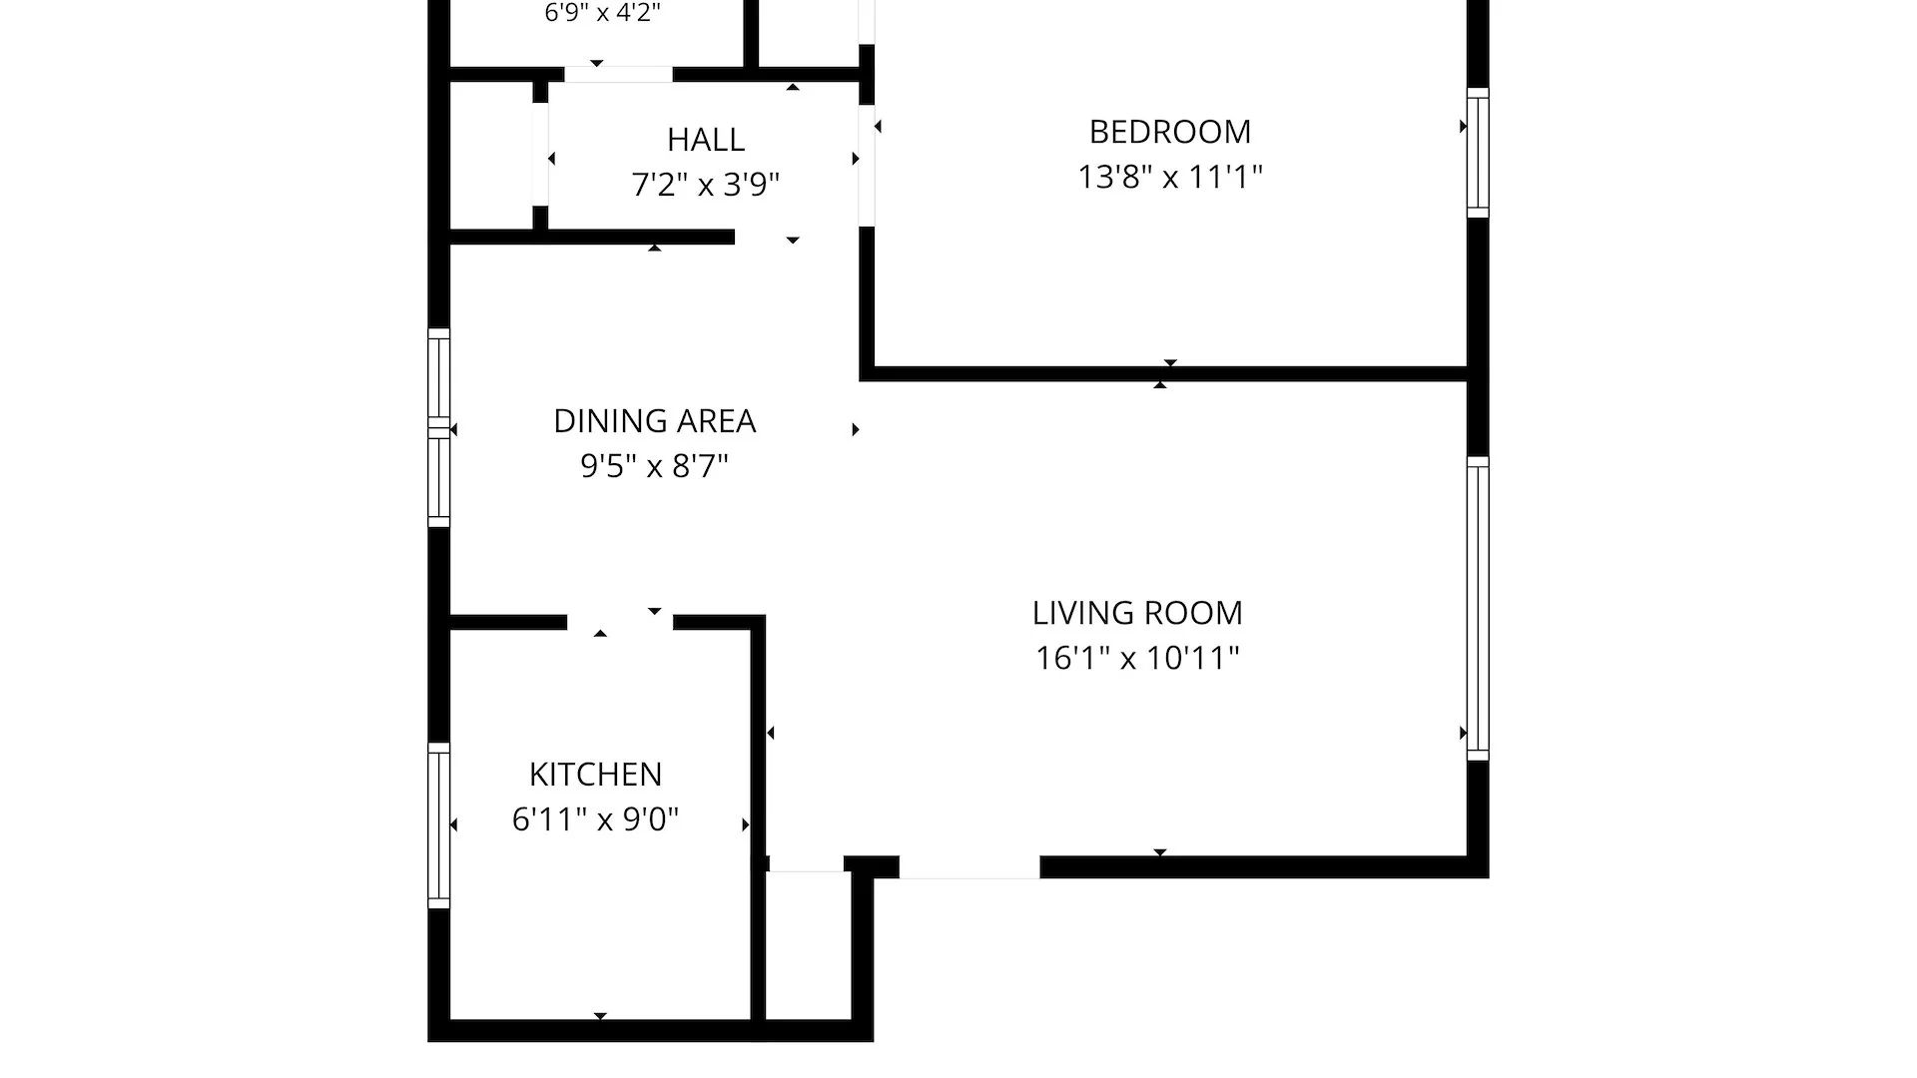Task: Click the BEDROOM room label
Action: point(1169,132)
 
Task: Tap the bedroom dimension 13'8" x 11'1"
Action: point(1169,177)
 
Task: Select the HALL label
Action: point(706,139)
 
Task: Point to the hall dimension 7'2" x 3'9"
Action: point(706,185)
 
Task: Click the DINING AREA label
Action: point(655,421)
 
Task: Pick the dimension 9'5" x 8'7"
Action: point(655,466)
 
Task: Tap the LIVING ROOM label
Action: point(1137,613)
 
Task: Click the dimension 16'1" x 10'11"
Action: point(1137,658)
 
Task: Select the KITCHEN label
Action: point(595,775)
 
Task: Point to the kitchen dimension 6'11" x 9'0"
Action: point(595,819)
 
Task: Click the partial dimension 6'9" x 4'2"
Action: point(603,13)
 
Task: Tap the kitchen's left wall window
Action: point(438,825)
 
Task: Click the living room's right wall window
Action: point(1478,609)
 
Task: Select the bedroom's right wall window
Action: point(1478,153)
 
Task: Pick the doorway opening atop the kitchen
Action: point(620,623)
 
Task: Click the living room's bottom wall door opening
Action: point(969,867)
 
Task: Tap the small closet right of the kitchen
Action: point(808,946)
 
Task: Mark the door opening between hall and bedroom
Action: point(867,166)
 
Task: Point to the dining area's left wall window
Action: point(438,427)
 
